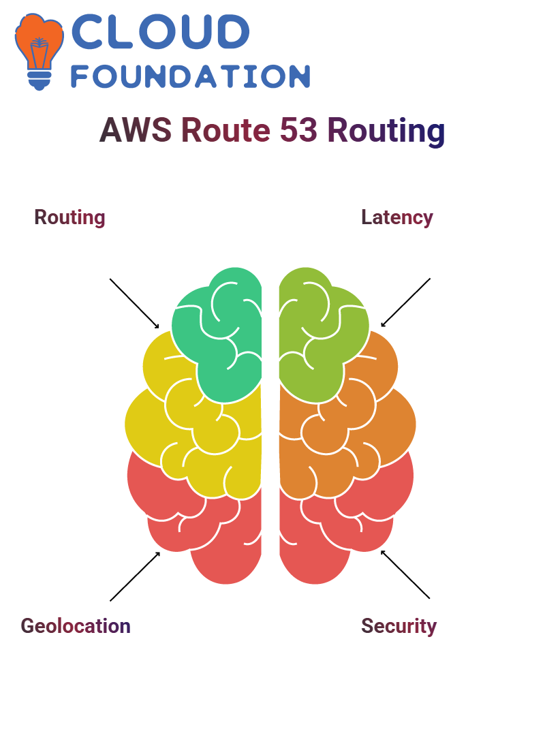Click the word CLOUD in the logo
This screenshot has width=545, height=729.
(160, 31)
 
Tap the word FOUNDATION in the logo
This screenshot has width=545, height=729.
(190, 76)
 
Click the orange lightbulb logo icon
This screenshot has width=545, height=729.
(39, 51)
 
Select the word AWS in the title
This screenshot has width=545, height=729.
(136, 129)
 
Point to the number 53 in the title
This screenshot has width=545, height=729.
(298, 129)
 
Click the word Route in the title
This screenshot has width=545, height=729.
(225, 129)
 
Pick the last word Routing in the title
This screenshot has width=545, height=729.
(386, 131)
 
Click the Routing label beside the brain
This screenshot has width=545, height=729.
(69, 218)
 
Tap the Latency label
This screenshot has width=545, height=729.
(397, 218)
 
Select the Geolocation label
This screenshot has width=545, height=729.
(76, 626)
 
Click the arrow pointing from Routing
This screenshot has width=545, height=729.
(134, 304)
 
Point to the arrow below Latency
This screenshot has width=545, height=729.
(405, 303)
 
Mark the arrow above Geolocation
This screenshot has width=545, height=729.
(135, 576)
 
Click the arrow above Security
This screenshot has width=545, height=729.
(405, 574)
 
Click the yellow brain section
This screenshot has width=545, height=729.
(196, 428)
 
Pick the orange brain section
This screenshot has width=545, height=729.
(347, 428)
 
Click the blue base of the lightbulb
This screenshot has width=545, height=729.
(40, 80)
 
